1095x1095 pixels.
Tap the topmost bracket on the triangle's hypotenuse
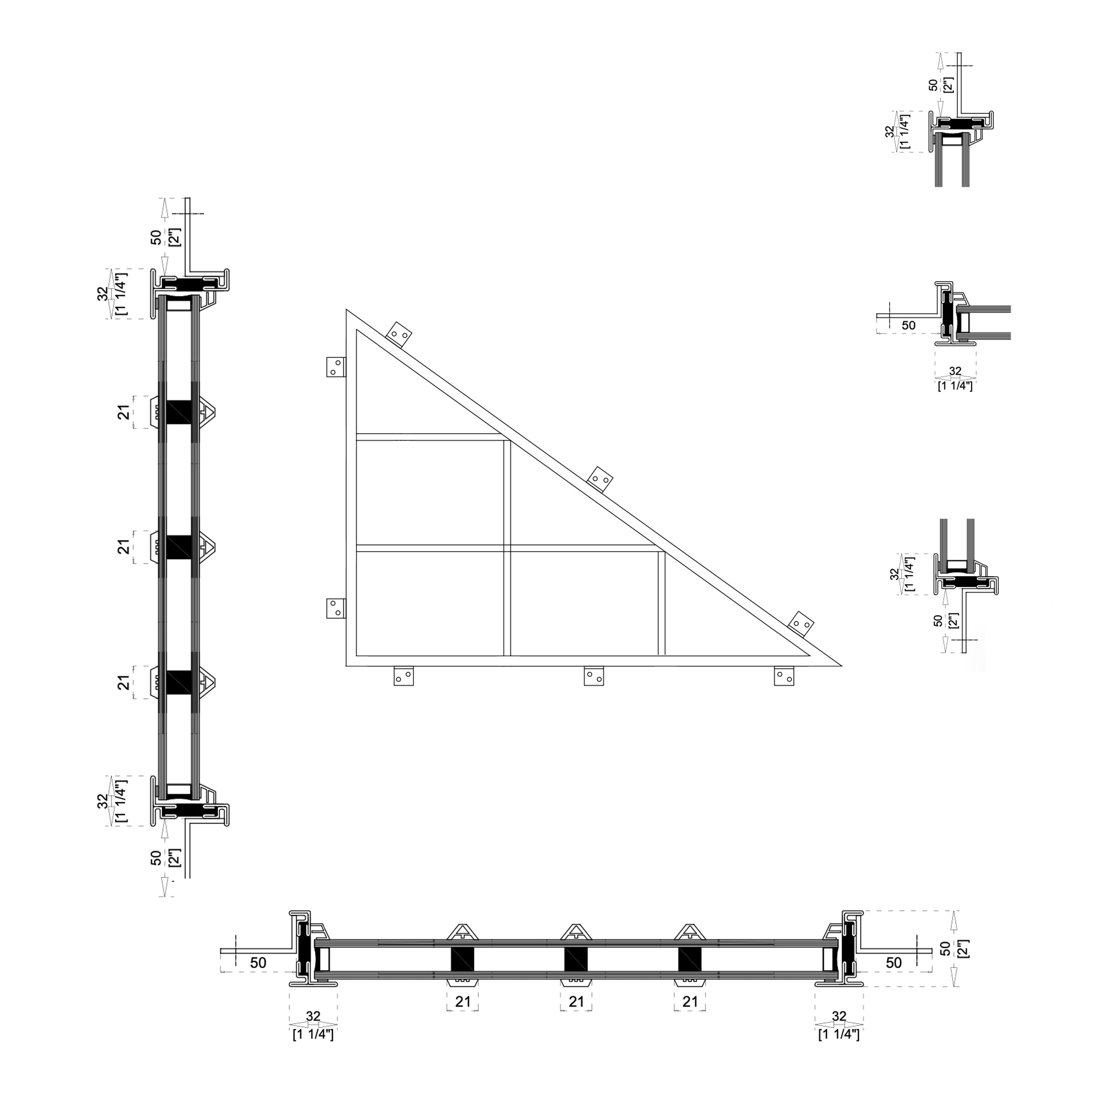click(x=399, y=335)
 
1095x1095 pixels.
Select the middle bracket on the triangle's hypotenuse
click(x=600, y=480)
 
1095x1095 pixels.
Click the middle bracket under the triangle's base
click(x=593, y=676)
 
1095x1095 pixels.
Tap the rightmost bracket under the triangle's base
click(x=784, y=676)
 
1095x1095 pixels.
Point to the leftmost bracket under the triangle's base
click(x=404, y=676)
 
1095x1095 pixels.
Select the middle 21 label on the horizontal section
click(x=576, y=1002)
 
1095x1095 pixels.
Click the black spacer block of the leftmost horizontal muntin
click(x=462, y=959)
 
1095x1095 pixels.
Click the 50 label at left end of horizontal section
click(x=258, y=963)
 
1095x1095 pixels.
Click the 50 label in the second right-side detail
click(x=908, y=325)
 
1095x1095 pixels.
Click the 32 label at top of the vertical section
click(x=103, y=293)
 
